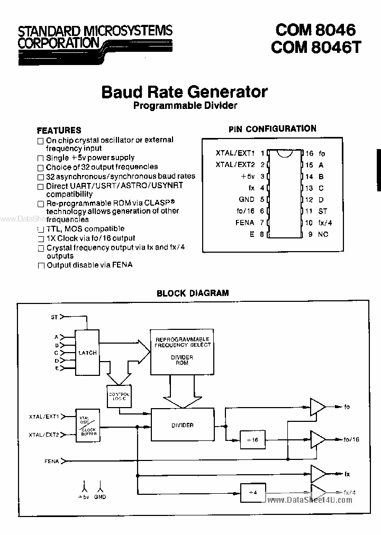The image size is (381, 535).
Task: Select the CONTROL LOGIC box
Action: pos(119,396)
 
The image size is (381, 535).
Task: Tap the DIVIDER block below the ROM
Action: pos(182,425)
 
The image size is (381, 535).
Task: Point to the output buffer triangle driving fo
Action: pos(318,407)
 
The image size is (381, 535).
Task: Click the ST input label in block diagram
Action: pos(54,317)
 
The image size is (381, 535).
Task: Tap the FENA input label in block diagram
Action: pos(51,462)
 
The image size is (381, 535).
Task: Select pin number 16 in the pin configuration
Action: pos(310,153)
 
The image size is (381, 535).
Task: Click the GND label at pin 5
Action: pos(247,199)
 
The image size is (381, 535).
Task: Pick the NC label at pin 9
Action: pos(323,234)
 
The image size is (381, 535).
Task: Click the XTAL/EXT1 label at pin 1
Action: pos(235,153)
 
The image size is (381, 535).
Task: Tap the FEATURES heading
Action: pos(59,130)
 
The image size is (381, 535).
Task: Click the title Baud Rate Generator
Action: pos(184,92)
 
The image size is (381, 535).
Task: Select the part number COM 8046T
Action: pos(316,47)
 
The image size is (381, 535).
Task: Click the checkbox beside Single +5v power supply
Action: pos(41,158)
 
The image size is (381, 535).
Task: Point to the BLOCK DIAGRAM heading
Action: pos(193,293)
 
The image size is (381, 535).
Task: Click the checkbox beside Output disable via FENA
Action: pos(41,265)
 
